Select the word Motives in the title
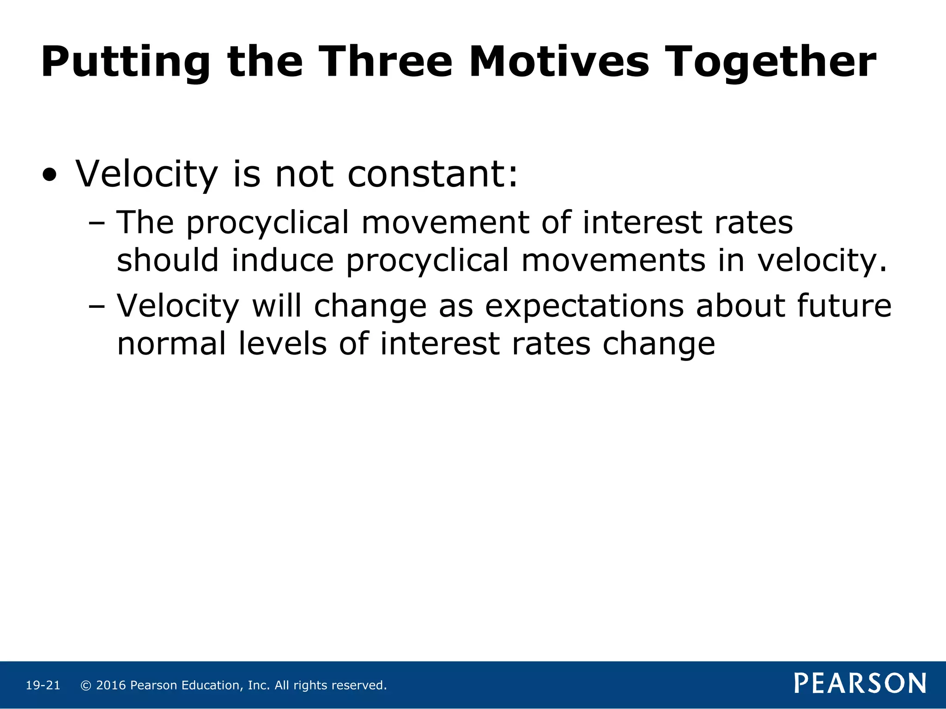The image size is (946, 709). pyautogui.click(x=559, y=62)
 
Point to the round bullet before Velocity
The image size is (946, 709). pyautogui.click(x=49, y=175)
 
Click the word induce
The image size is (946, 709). pyautogui.click(x=283, y=260)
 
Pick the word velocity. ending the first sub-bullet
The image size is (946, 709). pyautogui.click(x=822, y=261)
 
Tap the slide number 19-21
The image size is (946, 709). pyautogui.click(x=43, y=685)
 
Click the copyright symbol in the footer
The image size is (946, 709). pyautogui.click(x=85, y=685)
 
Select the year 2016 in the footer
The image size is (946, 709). pyautogui.click(x=111, y=685)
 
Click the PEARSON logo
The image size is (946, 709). pyautogui.click(x=860, y=684)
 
